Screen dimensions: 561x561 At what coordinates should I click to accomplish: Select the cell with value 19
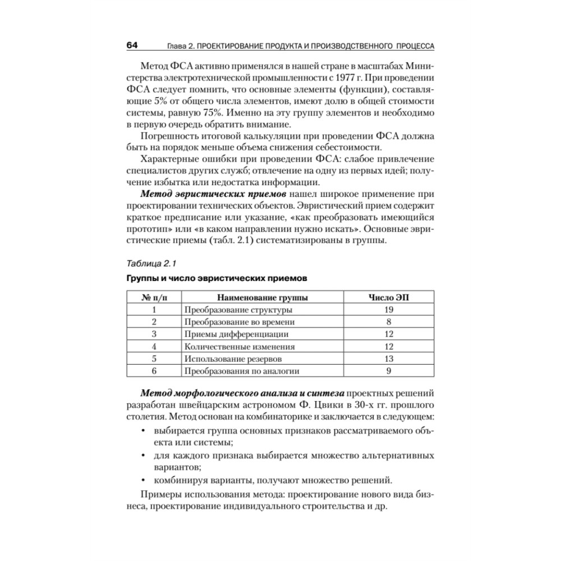click(388, 310)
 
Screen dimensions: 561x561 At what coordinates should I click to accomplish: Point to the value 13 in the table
click(388, 358)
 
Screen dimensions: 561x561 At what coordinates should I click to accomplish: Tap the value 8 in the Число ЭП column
click(388, 322)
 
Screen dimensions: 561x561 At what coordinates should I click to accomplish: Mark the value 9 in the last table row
click(388, 371)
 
